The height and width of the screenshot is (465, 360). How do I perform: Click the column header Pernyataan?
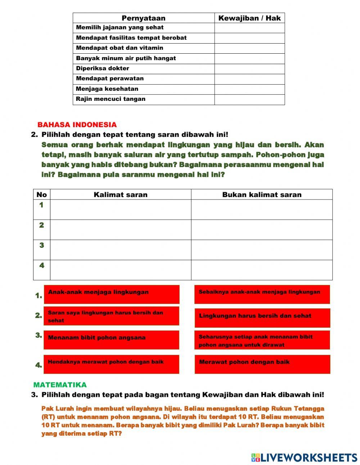143,18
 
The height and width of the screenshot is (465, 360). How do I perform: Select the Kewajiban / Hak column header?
249,18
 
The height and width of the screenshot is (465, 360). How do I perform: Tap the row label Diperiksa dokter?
103,68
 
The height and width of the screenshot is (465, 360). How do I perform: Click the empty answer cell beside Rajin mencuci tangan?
249,99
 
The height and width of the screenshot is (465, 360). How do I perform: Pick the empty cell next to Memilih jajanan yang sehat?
249,28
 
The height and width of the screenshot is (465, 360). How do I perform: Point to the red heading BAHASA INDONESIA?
77,125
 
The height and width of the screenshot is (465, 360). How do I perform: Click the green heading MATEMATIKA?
60,385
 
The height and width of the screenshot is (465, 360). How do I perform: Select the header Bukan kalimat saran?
262,195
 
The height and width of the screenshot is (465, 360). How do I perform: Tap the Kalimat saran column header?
121,195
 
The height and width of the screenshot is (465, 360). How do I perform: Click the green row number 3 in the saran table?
42,245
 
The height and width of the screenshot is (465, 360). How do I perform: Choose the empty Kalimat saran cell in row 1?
121,209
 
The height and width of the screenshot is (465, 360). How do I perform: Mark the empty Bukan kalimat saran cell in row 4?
262,270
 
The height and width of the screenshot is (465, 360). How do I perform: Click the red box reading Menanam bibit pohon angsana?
111,340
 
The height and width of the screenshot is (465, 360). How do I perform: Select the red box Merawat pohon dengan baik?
262,364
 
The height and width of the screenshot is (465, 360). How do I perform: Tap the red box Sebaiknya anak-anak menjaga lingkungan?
262,294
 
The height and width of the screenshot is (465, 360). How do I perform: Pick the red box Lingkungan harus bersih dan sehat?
262,318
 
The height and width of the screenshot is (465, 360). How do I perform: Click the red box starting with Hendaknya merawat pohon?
111,364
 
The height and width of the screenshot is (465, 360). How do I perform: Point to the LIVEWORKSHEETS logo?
304,457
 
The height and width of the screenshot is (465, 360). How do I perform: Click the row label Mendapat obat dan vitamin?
120,48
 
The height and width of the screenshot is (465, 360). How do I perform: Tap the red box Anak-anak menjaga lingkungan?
111,294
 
